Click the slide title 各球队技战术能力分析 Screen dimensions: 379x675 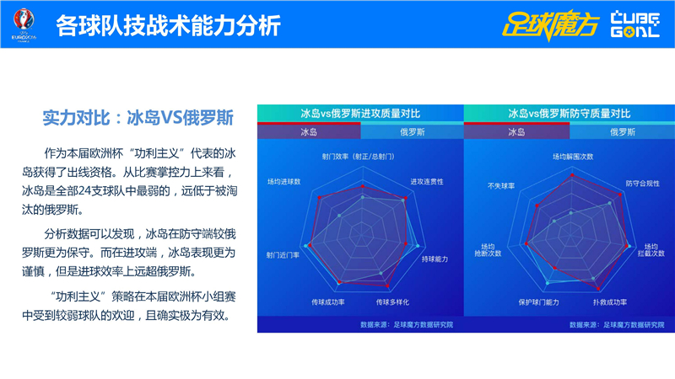[x=169, y=26]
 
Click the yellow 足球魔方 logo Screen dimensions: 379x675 [x=549, y=24]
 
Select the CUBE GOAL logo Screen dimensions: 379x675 [x=634, y=24]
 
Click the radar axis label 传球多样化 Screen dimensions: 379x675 [x=394, y=302]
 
